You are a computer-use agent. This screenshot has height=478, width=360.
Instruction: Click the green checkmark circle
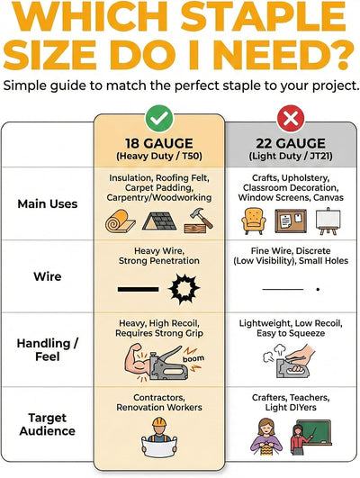(159, 118)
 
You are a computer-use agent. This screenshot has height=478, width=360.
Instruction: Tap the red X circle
(291, 118)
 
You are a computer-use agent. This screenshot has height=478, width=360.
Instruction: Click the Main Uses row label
(47, 203)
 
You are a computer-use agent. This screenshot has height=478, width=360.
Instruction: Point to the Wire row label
(47, 276)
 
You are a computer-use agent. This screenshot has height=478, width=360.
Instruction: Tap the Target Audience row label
(47, 424)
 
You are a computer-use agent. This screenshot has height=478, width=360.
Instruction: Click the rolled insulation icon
(120, 221)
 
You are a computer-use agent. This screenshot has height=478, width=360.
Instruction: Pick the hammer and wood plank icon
(198, 221)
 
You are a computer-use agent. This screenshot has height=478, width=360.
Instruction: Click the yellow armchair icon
(253, 221)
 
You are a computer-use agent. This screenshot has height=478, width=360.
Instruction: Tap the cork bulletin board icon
(291, 221)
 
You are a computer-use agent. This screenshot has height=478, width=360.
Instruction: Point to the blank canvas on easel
(328, 221)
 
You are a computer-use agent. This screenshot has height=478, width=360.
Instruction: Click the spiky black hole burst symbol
(184, 289)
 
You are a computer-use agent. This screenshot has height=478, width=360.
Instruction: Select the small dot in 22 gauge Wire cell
(318, 289)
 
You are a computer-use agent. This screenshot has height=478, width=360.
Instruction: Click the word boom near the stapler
(193, 358)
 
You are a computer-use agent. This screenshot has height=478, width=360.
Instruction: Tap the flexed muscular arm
(138, 361)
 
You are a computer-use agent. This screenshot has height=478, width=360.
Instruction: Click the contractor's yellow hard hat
(159, 422)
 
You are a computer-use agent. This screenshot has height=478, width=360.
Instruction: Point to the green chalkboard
(314, 433)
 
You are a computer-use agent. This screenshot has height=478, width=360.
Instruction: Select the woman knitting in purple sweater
(266, 437)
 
